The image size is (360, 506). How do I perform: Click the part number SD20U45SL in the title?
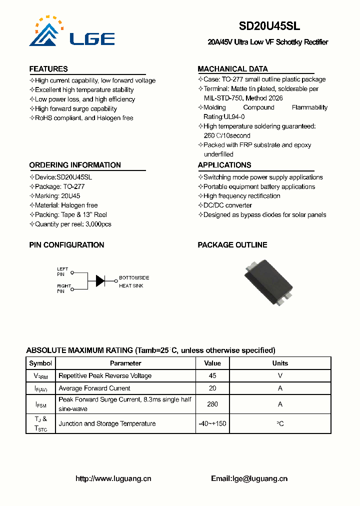tap(269, 26)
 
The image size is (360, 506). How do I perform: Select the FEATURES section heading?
tap(48, 69)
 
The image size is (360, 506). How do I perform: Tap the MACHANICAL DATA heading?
tap(232, 69)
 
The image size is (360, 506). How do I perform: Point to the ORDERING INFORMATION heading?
tap(75, 165)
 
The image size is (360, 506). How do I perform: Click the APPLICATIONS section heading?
tap(224, 165)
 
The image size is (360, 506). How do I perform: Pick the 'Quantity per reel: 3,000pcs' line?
tap(70, 224)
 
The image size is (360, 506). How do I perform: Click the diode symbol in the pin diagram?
tap(100, 280)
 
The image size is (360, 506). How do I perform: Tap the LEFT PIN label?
tap(62, 271)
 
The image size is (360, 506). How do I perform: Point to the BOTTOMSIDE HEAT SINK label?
tap(133, 281)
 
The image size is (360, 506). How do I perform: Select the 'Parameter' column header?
tap(125, 363)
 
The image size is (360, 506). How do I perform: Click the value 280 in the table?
tap(212, 404)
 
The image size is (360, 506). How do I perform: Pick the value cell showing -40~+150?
tap(212, 423)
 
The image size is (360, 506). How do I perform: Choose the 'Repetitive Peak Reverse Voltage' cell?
tap(105, 376)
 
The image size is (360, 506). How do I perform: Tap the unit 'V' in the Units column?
tap(280, 376)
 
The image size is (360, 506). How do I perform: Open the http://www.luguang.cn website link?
tap(113, 478)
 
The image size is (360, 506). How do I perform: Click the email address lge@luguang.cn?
tap(260, 478)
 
